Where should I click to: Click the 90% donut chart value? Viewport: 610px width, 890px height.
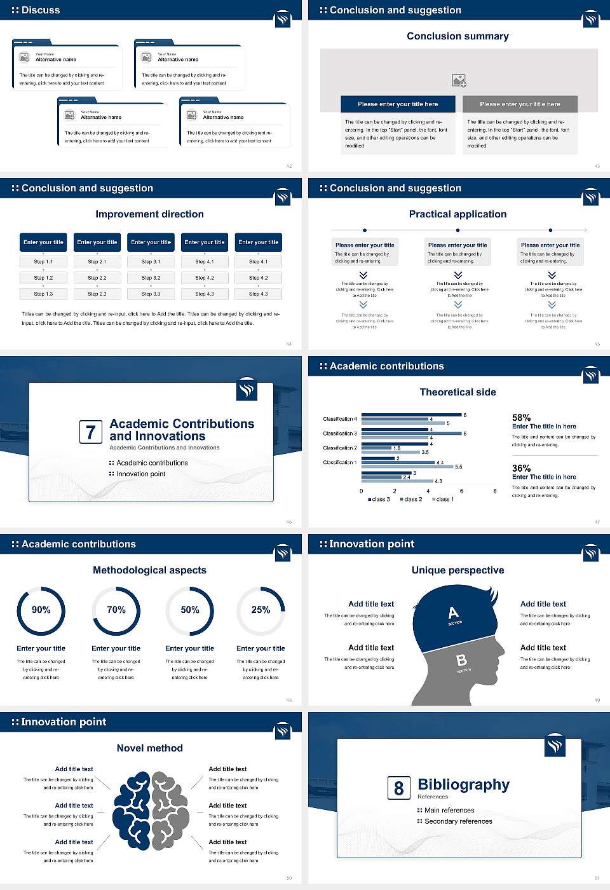tap(41, 610)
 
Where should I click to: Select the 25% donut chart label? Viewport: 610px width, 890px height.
tap(261, 610)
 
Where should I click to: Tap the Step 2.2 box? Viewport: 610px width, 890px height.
tap(97, 278)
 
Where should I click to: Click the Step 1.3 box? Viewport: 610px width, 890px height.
tap(43, 294)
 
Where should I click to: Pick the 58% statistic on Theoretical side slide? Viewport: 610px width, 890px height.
tap(521, 418)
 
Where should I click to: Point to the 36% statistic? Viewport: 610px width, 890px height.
tap(521, 468)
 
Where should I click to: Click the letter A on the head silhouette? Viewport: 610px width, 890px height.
tap(453, 613)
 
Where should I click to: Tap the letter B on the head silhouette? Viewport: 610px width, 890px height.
tap(462, 661)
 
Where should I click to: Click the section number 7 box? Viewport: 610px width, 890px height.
tap(90, 432)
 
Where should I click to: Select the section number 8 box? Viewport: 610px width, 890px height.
tap(398, 788)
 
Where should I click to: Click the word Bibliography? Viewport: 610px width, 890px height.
tap(463, 784)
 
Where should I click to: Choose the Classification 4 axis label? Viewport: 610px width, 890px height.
tap(340, 419)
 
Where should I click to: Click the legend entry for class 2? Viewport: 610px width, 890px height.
tap(411, 499)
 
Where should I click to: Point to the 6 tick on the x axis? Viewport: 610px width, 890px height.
tap(461, 491)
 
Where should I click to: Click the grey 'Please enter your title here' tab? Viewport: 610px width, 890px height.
tap(520, 104)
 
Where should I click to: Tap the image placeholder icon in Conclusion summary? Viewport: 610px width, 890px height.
tap(459, 81)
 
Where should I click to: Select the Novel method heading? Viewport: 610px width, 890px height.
tap(150, 748)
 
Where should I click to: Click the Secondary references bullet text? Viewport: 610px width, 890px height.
tap(458, 821)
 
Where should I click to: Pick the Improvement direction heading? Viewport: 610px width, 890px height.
tap(150, 214)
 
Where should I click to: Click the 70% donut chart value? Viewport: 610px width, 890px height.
tap(116, 610)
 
